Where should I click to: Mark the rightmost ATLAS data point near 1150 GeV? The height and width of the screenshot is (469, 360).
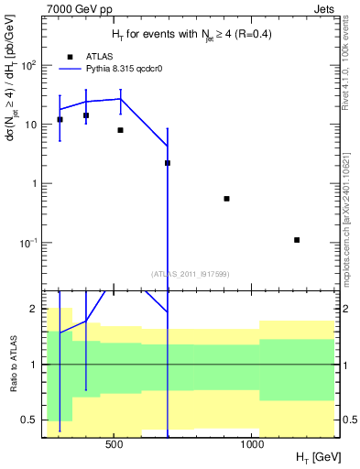297,240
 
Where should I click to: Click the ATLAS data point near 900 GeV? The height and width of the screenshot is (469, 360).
226,199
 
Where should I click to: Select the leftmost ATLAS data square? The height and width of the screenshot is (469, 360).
60,119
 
